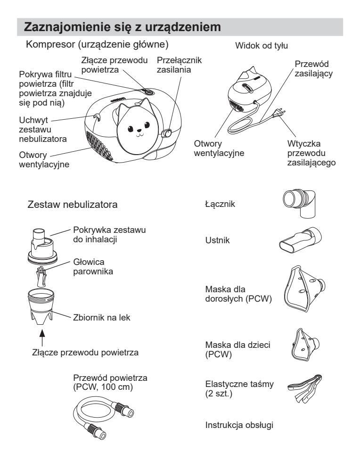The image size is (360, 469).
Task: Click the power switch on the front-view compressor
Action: coord(167,134)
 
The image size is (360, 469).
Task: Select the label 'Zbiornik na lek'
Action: coord(102,317)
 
